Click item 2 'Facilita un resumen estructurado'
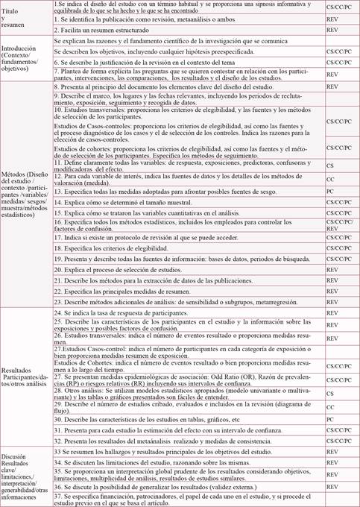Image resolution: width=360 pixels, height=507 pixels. click(104, 30)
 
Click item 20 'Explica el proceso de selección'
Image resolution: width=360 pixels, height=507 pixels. click(124, 269)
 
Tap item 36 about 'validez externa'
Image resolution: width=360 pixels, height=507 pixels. click(149, 488)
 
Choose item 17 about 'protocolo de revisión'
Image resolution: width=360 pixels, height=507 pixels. click(134, 237)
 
